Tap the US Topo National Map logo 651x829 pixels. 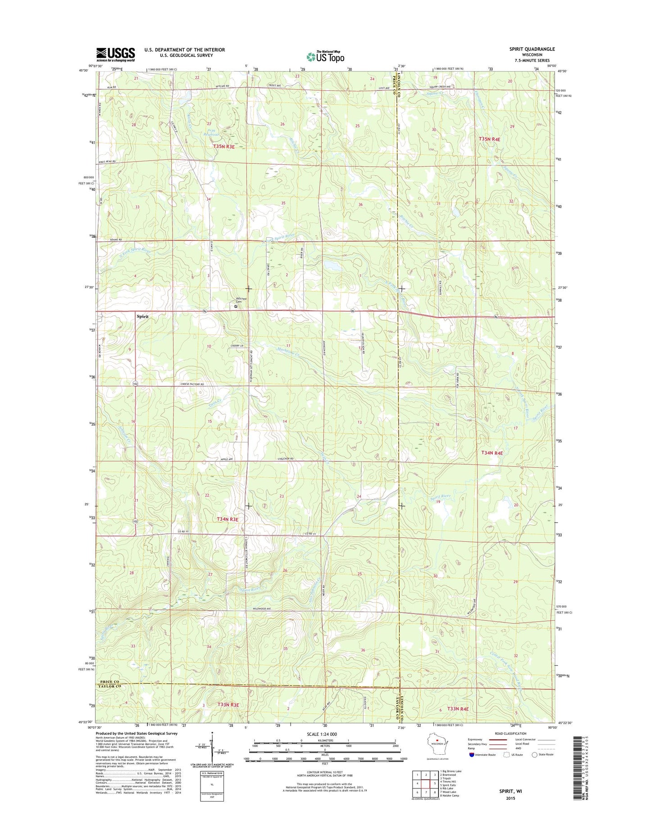pyautogui.click(x=325, y=56)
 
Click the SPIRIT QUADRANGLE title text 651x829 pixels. pyautogui.click(x=525, y=49)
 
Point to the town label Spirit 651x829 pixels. pyautogui.click(x=142, y=316)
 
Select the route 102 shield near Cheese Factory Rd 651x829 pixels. pyautogui.click(x=135, y=384)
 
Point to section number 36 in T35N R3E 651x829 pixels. pyautogui.click(x=360, y=204)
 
